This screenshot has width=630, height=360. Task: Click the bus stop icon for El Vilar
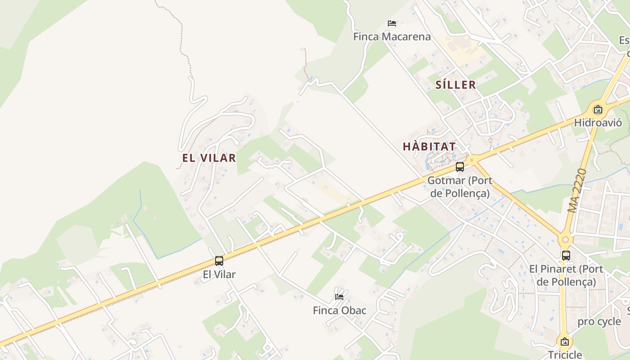219,261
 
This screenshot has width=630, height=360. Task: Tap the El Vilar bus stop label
219,274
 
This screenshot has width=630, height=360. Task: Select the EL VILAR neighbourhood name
209,158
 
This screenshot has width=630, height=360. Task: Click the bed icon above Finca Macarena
392,23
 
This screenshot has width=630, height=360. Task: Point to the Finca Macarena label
392,37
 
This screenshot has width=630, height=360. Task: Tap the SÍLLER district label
455,85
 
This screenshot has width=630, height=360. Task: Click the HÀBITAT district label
429,147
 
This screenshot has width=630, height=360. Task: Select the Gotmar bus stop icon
459,167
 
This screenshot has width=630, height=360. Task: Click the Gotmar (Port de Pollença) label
459,187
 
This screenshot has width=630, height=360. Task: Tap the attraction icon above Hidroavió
598,109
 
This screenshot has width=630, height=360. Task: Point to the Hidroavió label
598,123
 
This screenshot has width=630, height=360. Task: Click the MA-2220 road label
577,191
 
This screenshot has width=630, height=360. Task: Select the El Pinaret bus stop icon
566,256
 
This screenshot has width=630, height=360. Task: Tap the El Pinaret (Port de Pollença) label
566,275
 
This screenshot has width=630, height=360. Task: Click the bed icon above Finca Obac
339,297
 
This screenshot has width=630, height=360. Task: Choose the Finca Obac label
339,310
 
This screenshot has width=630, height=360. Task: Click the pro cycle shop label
599,322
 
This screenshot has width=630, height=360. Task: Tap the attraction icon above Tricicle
565,342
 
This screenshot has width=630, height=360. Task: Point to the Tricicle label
565,355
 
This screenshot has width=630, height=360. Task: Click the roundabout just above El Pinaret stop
566,239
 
